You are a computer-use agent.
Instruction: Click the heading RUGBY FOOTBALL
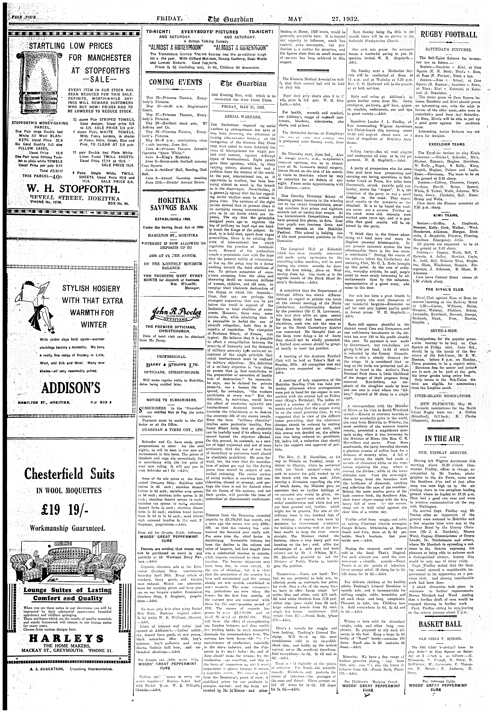click(449, 35)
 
